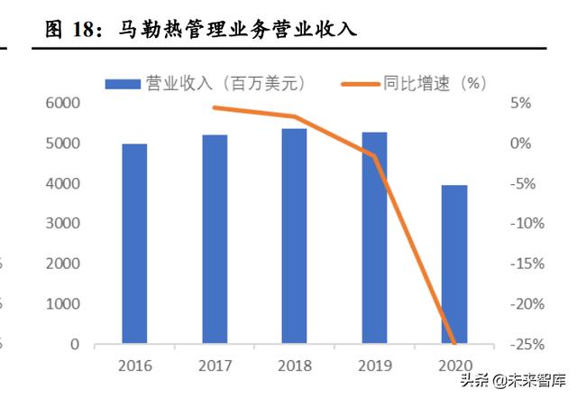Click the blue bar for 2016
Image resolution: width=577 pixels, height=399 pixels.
[x=134, y=244]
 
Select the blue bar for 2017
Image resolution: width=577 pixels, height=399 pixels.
[x=215, y=239]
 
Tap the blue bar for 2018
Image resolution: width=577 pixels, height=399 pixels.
[x=294, y=237]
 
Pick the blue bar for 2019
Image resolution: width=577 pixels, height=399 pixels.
[x=374, y=238]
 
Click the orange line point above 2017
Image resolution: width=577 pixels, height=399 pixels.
[x=215, y=107]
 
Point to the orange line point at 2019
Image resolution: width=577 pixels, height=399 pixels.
[x=374, y=155]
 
